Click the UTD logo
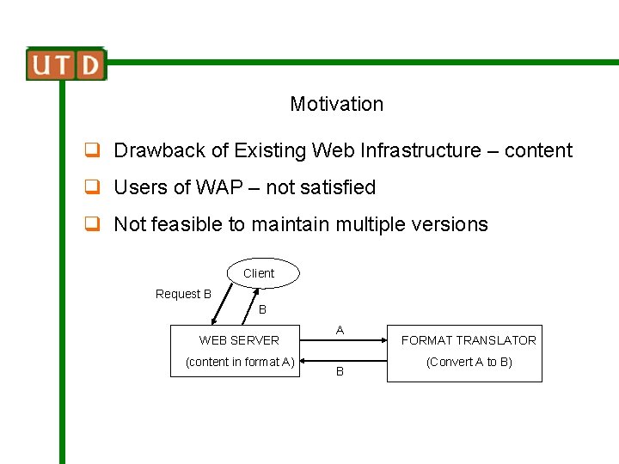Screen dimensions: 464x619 [65, 64]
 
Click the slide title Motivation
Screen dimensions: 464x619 [336, 104]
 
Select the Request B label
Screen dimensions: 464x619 [183, 294]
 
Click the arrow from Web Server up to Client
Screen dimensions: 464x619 [249, 306]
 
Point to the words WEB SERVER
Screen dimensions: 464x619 [239, 340]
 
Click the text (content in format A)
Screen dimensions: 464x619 [240, 362]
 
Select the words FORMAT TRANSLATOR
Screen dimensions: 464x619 [469, 340]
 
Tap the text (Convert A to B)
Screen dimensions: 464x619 [469, 362]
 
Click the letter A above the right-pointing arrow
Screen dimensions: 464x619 [340, 330]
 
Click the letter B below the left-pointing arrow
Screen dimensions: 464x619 [340, 372]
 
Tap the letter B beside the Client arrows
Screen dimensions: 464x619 [262, 309]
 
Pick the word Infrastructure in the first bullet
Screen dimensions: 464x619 [421, 150]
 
